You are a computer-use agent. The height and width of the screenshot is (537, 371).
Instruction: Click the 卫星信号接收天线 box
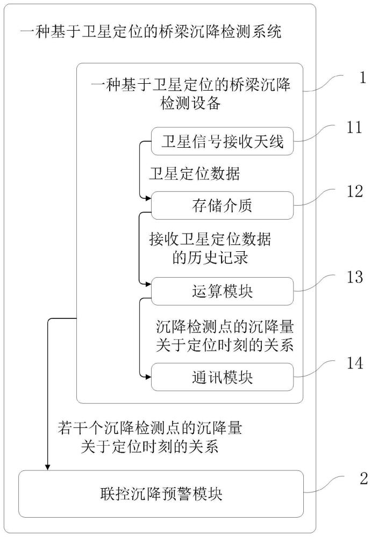[222, 142]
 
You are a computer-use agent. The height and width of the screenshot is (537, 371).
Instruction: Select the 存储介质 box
[222, 205]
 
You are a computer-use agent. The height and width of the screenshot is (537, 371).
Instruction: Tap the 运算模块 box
[222, 291]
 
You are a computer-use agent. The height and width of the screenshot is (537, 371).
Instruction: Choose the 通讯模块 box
[222, 376]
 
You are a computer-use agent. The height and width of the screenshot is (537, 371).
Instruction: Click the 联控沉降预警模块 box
[161, 494]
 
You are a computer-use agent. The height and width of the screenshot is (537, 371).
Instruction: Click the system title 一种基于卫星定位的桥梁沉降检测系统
[150, 32]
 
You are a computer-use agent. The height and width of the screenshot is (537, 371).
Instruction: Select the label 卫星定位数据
[194, 174]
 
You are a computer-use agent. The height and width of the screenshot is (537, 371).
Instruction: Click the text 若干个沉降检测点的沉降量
[149, 428]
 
